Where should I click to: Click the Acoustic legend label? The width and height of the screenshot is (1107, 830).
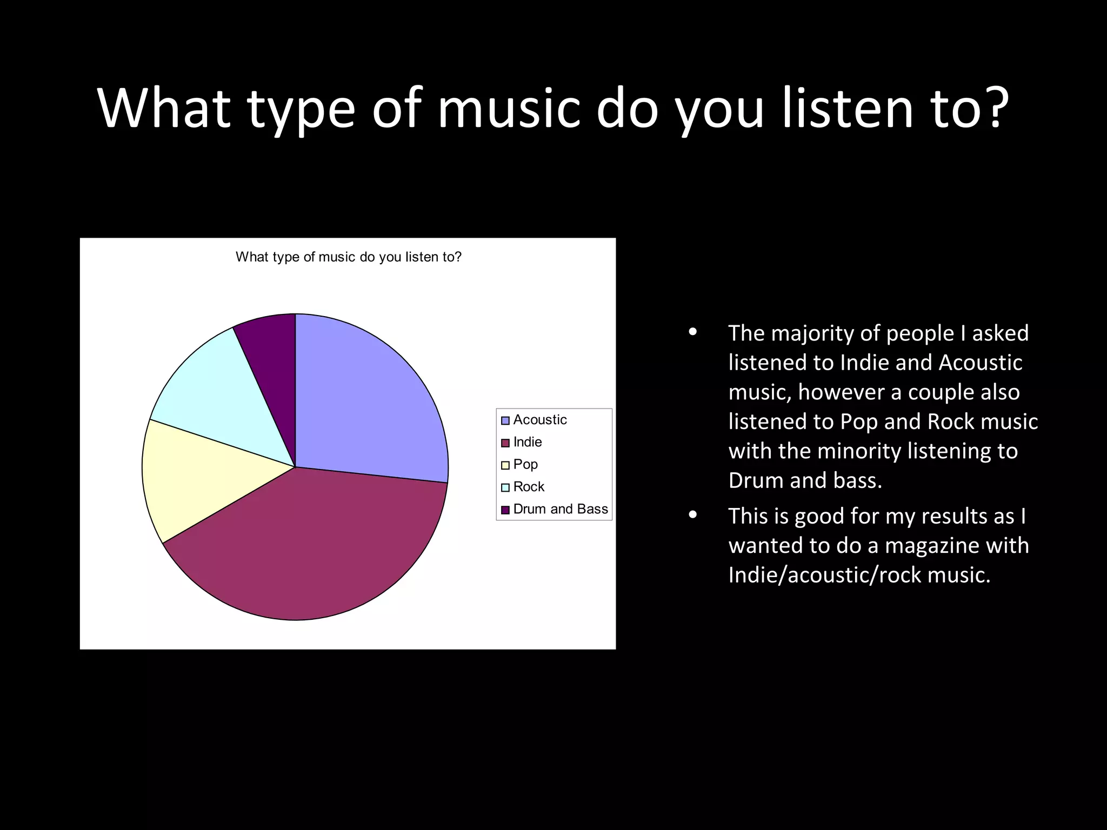[x=539, y=420]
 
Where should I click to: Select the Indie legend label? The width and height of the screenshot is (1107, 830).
[x=527, y=442]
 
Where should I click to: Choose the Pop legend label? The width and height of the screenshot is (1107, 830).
[x=525, y=464]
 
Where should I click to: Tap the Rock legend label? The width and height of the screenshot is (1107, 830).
[x=528, y=487]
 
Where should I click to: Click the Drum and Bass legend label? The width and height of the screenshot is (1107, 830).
[x=560, y=509]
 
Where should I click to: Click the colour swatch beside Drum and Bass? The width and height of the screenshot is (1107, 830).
[x=505, y=510]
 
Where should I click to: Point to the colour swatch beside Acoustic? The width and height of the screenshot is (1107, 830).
[x=505, y=420]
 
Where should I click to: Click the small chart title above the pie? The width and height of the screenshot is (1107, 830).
[x=349, y=257]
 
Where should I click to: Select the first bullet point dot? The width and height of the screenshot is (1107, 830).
[x=693, y=332]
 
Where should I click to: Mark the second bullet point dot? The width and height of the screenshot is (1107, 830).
[x=693, y=515]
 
